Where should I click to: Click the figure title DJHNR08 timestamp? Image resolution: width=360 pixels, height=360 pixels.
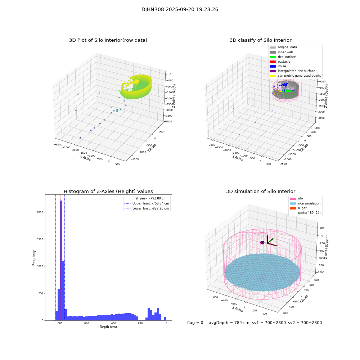[x=180, y=10]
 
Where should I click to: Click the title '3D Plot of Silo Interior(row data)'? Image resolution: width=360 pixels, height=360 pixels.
[x=108, y=40]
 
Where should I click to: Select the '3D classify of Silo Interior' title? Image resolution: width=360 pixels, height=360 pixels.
[x=260, y=40]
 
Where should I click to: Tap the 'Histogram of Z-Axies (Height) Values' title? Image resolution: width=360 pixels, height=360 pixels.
[x=108, y=192]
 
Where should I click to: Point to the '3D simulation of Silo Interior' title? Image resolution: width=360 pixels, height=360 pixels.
[x=260, y=192]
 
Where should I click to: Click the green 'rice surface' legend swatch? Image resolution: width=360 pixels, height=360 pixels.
[x=273, y=57]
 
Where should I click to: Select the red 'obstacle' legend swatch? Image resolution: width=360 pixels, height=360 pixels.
[x=273, y=62]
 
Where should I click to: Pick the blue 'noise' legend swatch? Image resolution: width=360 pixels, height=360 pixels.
[x=273, y=66]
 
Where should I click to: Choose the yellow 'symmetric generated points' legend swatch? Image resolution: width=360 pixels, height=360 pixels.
[x=273, y=76]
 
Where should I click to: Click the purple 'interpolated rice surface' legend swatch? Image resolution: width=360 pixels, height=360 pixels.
[x=273, y=71]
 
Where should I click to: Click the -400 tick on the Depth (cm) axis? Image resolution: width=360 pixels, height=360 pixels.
[x=113, y=323]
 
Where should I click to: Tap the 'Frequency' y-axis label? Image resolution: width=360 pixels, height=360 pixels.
[x=34, y=257]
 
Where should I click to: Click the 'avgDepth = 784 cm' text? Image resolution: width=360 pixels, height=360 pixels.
[x=229, y=323]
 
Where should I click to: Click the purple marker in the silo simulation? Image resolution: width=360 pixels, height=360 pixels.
[x=262, y=243]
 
